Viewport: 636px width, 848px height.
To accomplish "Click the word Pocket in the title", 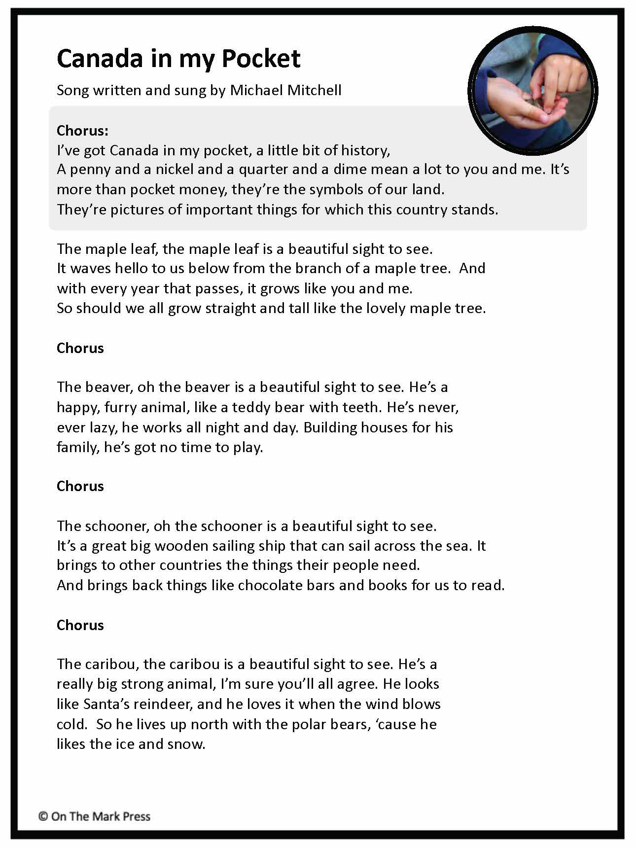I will [x=261, y=59].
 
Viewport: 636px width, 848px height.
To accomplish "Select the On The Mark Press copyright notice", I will [x=94, y=816].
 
